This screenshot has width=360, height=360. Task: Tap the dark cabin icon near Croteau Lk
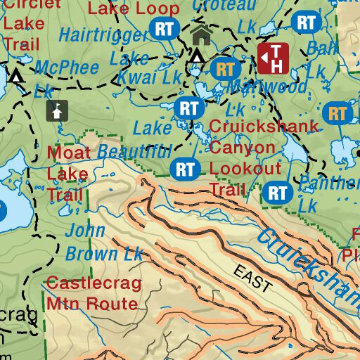click(200, 34)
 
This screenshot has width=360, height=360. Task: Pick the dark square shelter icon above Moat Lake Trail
click(57, 110)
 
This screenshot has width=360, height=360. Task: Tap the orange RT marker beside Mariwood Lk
click(226, 70)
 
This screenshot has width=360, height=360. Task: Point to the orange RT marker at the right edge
click(338, 112)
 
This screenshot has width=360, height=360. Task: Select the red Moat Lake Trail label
click(67, 172)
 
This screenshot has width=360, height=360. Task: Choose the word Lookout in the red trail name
click(245, 169)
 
